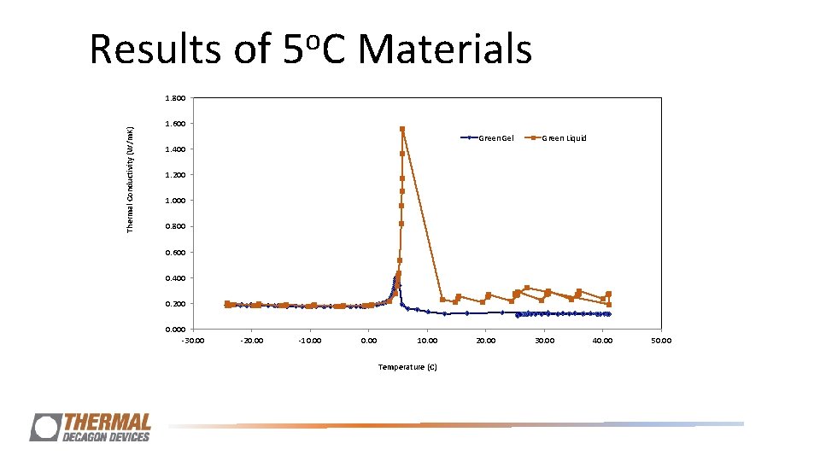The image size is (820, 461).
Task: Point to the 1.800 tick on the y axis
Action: (174, 98)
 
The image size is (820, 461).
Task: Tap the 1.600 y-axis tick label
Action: (174, 124)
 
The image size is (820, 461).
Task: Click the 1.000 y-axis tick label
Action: (174, 201)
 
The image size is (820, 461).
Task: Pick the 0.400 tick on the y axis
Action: (174, 278)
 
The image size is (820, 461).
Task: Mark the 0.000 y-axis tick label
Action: (174, 330)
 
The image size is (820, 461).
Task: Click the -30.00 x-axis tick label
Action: (193, 341)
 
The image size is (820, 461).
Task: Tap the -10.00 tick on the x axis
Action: (310, 341)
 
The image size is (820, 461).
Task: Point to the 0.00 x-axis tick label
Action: (369, 341)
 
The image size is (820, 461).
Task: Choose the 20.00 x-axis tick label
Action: (485, 341)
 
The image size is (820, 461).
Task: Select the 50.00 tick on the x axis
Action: (661, 341)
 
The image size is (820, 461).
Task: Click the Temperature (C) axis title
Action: (407, 367)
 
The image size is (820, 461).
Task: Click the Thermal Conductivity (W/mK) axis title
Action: (130, 179)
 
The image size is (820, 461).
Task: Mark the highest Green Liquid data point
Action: (402, 129)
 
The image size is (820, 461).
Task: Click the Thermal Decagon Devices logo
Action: (91, 427)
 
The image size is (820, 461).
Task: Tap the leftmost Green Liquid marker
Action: (227, 303)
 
